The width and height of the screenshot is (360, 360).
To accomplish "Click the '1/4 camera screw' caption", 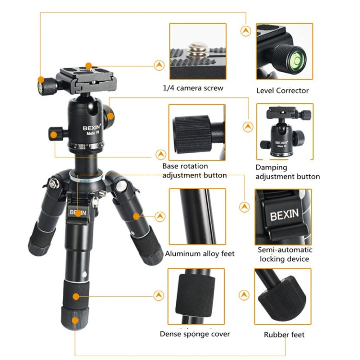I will [192, 88].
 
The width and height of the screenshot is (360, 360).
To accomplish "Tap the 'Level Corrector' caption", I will [282, 91].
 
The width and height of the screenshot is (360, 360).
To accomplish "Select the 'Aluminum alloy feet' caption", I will [200, 253].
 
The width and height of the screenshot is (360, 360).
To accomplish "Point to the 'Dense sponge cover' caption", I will [195, 334].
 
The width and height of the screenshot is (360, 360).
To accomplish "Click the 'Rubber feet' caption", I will [284, 335].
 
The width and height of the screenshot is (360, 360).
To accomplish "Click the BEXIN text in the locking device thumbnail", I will [284, 214].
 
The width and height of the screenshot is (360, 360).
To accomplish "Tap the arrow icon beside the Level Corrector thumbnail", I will [246, 31].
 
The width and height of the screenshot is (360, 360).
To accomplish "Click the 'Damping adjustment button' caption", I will [287, 172].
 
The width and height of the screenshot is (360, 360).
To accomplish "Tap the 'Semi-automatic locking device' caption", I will [285, 254].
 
